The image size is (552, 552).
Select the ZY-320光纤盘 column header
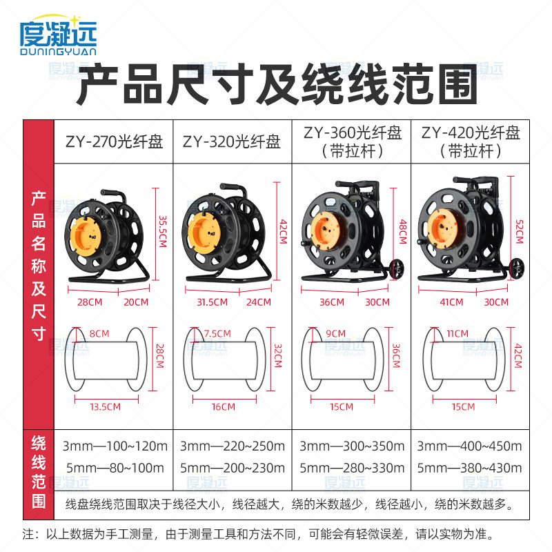point(232,142)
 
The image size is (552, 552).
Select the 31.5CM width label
point(212,302)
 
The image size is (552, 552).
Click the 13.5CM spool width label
point(106,406)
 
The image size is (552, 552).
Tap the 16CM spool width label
point(224,406)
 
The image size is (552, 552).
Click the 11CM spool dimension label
point(452,333)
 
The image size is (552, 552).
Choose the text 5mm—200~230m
point(232,468)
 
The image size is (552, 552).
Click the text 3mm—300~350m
point(352,446)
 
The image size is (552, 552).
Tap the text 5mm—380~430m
point(471,468)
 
